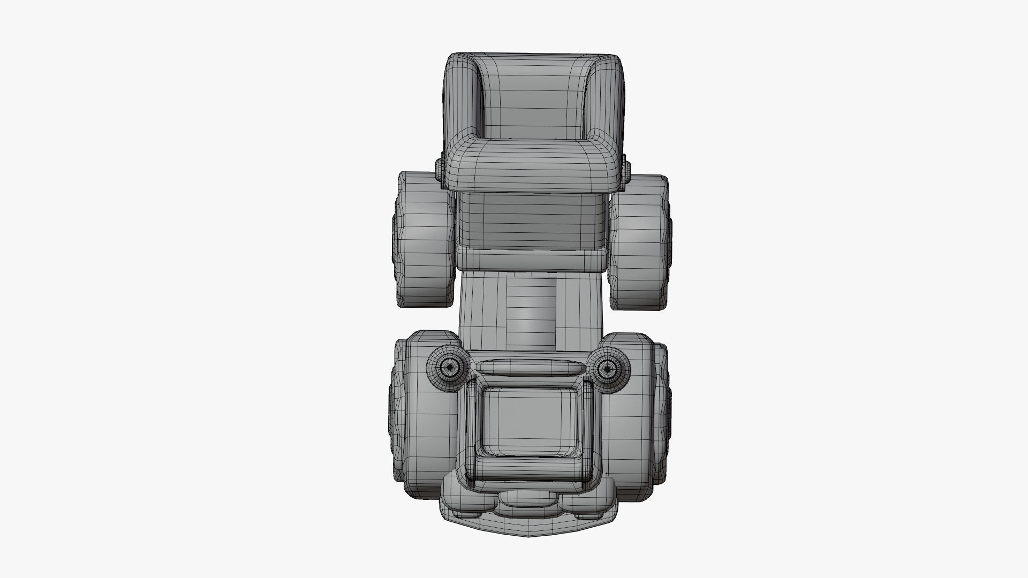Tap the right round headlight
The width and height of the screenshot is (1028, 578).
(607, 368)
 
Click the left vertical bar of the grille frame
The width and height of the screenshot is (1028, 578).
(472, 428)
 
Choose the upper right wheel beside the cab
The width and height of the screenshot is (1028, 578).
(640, 241)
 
